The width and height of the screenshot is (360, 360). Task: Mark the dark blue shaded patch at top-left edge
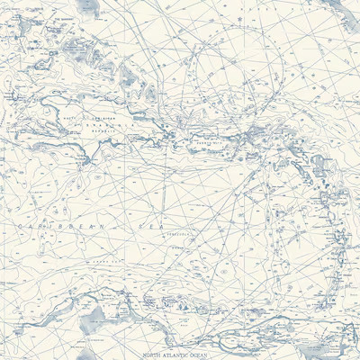tap(86, 7)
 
